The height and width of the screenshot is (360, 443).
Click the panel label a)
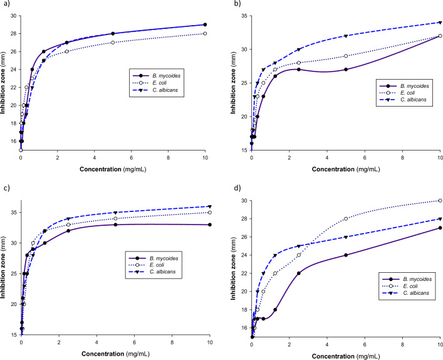6,4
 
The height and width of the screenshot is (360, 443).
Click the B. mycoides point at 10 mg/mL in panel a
205,24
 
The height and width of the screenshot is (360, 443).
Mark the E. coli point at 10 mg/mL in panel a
205,34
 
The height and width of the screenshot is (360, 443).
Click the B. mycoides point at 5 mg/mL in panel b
346,69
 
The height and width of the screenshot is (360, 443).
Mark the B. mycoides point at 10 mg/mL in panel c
209,225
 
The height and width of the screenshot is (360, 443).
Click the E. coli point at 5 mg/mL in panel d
346,219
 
